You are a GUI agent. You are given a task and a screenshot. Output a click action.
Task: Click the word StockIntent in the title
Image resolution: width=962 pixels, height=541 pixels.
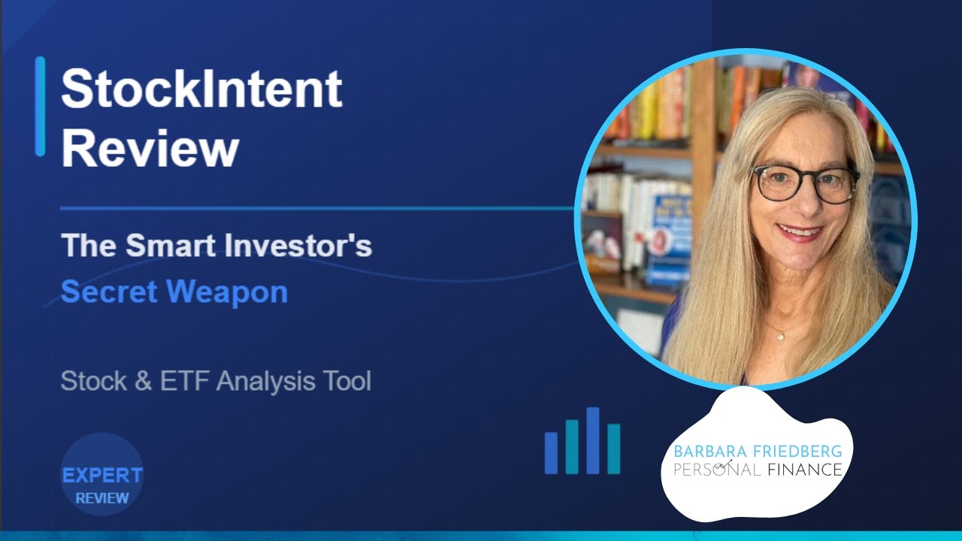point(201,89)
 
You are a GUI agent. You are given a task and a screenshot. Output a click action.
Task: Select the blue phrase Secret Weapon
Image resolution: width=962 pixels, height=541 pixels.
point(174,292)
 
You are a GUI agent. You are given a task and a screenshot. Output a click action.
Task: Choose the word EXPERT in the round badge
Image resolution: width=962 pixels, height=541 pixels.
point(102,476)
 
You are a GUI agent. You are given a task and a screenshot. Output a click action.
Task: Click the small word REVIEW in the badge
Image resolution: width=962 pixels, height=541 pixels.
point(102,497)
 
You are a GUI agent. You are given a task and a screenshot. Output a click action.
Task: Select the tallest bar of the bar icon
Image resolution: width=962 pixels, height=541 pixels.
point(593,440)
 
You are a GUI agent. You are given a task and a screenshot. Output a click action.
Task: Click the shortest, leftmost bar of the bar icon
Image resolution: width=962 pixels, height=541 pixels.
point(551,453)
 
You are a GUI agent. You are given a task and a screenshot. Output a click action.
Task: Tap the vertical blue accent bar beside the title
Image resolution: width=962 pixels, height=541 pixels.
point(40,106)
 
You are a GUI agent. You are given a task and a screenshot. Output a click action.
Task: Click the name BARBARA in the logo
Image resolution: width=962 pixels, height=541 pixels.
point(705,452)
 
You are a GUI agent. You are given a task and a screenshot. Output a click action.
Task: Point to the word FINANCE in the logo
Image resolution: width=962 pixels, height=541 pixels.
point(805,470)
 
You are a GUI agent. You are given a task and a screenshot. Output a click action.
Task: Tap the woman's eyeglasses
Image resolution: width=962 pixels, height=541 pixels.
point(806,183)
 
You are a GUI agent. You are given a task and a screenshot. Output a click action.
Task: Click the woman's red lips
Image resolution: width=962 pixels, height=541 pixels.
point(799,233)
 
